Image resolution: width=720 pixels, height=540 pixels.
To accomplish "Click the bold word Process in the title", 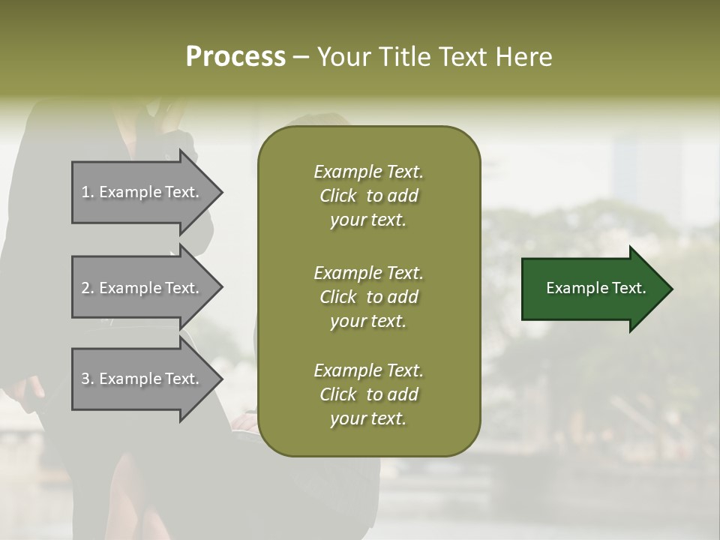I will pyautogui.click(x=235, y=57).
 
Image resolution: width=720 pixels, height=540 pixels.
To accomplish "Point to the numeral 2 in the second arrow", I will pyautogui.click(x=85, y=288).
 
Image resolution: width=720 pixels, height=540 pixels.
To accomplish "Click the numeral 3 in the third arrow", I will pyautogui.click(x=85, y=379).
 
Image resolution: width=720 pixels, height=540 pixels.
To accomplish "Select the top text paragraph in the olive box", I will pyautogui.click(x=368, y=196).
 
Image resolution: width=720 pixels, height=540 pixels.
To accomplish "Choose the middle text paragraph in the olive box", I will pyautogui.click(x=368, y=297).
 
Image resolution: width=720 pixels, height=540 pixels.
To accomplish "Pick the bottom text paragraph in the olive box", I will pyautogui.click(x=368, y=394).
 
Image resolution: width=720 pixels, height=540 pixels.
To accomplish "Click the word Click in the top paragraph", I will pyautogui.click(x=337, y=196).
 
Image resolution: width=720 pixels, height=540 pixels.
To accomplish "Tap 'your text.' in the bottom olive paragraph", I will pyautogui.click(x=368, y=418).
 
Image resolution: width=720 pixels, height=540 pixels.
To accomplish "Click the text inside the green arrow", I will pyautogui.click(x=595, y=288).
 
